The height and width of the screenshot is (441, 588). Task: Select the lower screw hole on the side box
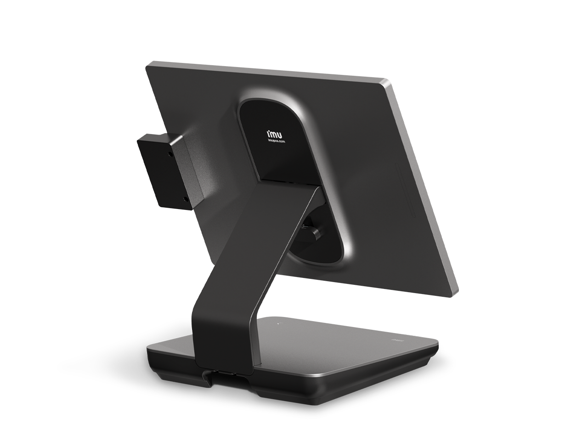pos(185,199)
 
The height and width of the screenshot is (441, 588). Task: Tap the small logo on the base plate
pos(394,341)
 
